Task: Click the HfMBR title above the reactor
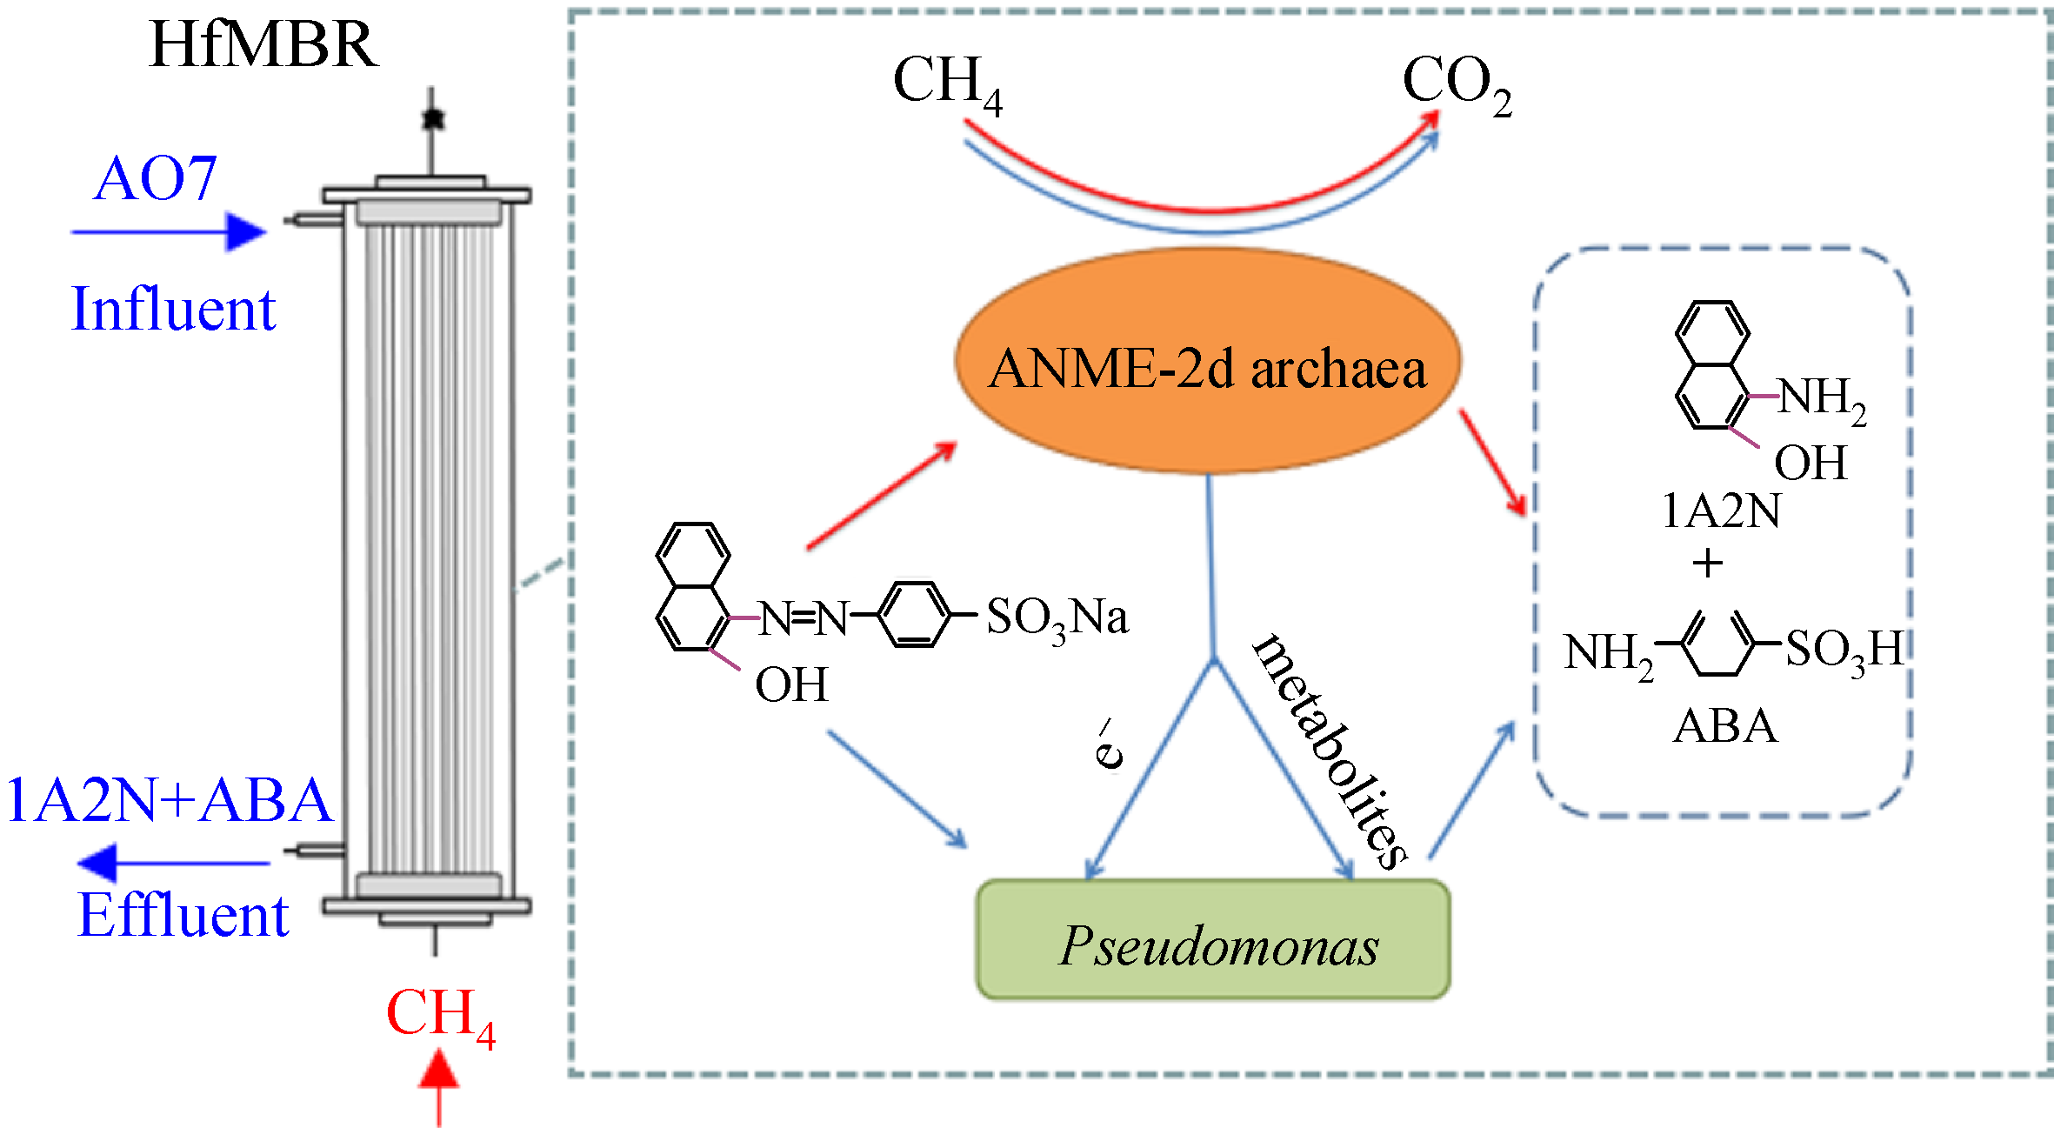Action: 263,45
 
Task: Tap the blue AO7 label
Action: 155,180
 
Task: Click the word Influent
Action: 173,310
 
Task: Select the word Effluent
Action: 183,916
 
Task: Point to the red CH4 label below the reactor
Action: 440,1016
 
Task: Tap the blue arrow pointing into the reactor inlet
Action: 170,232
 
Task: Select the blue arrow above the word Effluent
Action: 173,863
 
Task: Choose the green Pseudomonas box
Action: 1213,940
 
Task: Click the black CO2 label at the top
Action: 1457,83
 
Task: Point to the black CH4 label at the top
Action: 947,83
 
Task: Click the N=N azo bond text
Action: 804,619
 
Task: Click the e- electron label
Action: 1108,744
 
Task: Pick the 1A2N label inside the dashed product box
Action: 1721,511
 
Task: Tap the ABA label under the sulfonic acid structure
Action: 1725,726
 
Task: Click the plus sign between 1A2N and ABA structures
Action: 1708,564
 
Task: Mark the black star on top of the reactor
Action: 432,118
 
